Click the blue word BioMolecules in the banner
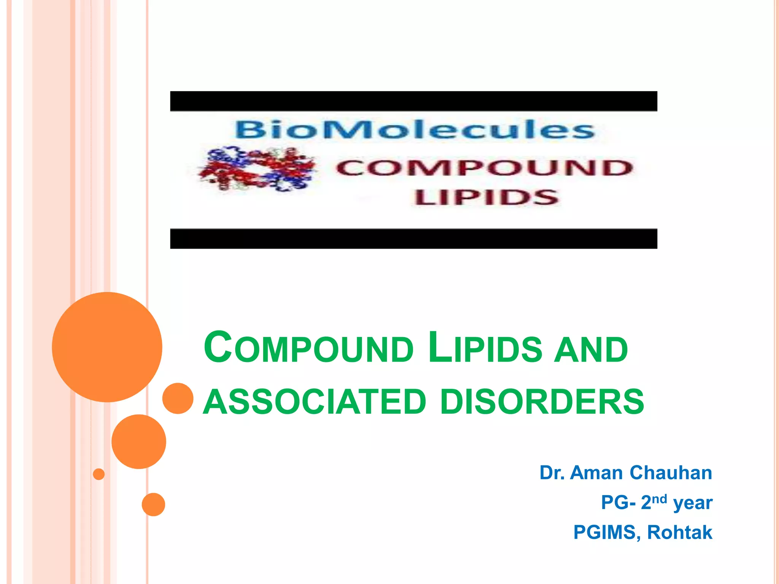pos(415,130)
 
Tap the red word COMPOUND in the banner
pos(484,168)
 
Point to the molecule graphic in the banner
pos(256,169)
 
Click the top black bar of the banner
pos(413,101)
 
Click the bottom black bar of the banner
pos(413,239)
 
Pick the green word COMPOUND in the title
pos(308,348)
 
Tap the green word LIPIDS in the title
pos(485,348)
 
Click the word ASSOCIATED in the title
pos(315,402)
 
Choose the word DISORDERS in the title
pos(542,402)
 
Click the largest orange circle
pos(107,347)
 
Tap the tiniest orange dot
pos(99,474)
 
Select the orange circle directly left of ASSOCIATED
pos(178,398)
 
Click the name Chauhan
pos(671,473)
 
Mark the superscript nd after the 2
pos(660,498)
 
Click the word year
pos(693,503)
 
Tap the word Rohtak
pos(679,532)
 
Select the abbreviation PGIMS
pos(604,532)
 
